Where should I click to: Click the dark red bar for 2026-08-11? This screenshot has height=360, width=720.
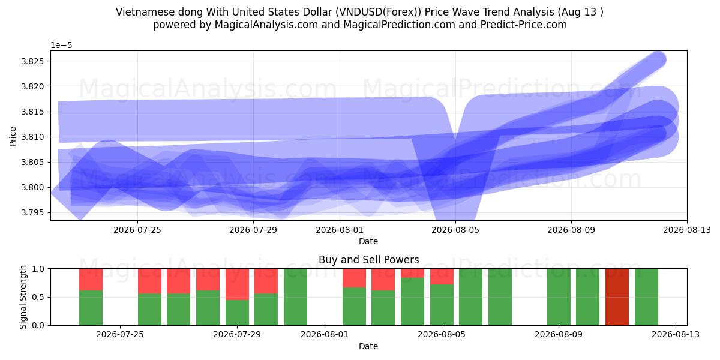coord(617,296)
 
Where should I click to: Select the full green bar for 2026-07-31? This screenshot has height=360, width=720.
coord(295,296)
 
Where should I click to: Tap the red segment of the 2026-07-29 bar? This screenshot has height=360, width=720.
coord(237,284)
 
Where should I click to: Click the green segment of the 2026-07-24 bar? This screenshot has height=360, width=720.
coord(91,308)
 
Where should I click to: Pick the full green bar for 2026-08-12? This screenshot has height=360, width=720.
coord(646,296)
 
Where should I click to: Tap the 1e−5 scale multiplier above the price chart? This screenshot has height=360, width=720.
coord(61,46)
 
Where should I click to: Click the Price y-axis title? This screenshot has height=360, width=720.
coord(13,136)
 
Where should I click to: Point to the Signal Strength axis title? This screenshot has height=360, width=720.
coord(23,297)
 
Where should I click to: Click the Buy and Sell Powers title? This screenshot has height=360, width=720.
coord(368,260)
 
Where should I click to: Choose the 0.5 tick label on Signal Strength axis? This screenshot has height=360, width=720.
coord(38,298)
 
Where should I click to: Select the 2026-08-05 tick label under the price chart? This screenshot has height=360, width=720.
coord(455,230)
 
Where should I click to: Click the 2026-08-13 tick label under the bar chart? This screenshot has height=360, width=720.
coord(676,335)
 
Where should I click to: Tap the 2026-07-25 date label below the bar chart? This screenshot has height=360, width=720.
coord(120,335)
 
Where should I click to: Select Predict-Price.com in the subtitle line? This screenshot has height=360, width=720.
coord(524,25)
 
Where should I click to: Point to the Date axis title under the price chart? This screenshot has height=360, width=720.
coord(368,241)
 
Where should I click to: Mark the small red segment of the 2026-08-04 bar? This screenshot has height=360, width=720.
coord(412,273)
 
